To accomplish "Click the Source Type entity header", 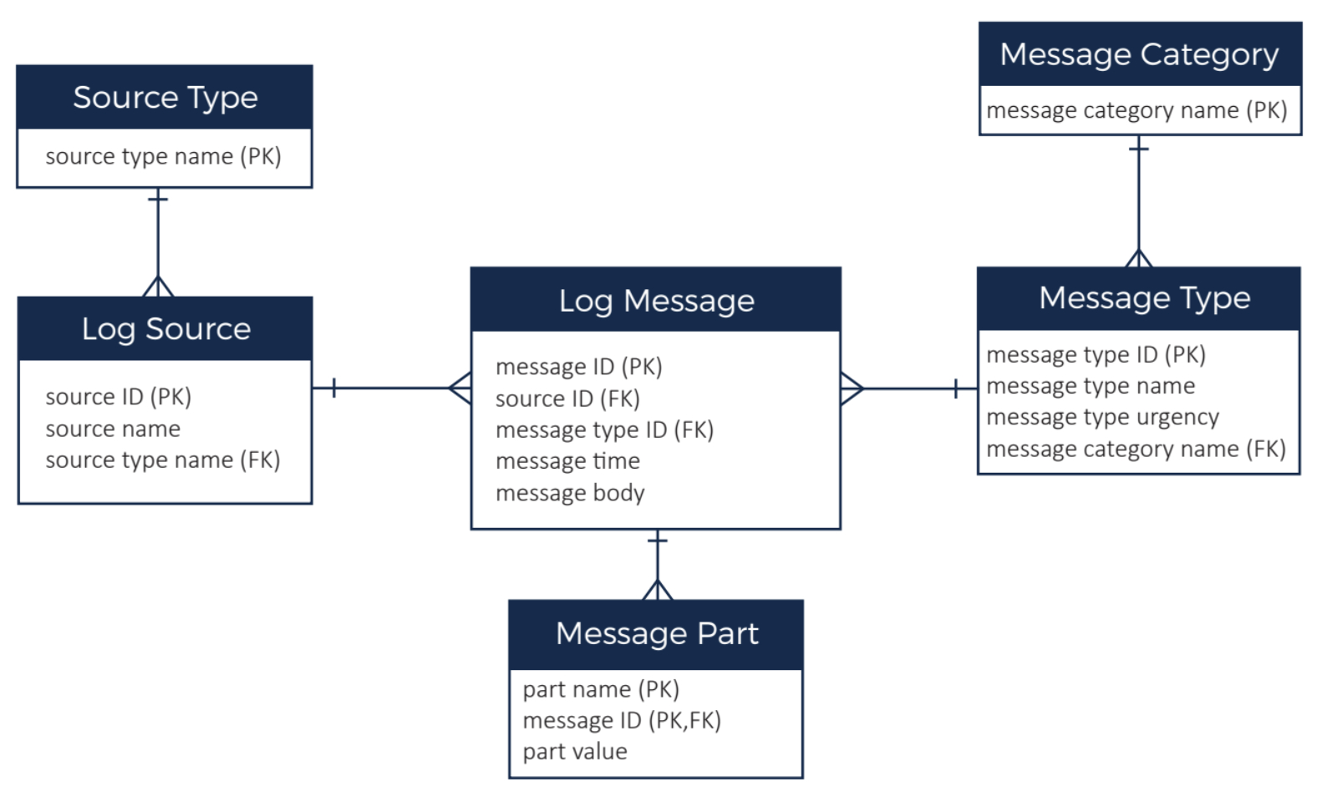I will [165, 98].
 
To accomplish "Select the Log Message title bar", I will [656, 301].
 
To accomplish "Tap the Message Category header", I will [1139, 55].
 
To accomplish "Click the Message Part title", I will [656, 634].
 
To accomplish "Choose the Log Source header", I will [165, 329].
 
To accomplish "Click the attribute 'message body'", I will [570, 493].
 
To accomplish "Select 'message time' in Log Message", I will [567, 461].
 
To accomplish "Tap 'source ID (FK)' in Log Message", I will [567, 399].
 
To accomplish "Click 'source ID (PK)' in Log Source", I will [118, 397].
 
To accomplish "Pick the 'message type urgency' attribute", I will [1102, 417].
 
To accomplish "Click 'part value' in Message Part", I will [574, 752].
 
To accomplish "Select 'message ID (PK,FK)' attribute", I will [621, 720].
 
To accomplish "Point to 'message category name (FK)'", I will [1135, 449].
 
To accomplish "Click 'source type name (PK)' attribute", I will [163, 157].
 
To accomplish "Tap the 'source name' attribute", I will [113, 429].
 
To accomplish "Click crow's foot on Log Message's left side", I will [460, 388].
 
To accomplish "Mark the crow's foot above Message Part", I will [658, 590].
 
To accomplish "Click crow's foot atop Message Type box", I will [1138, 258].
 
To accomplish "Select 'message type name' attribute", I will [1090, 386].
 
